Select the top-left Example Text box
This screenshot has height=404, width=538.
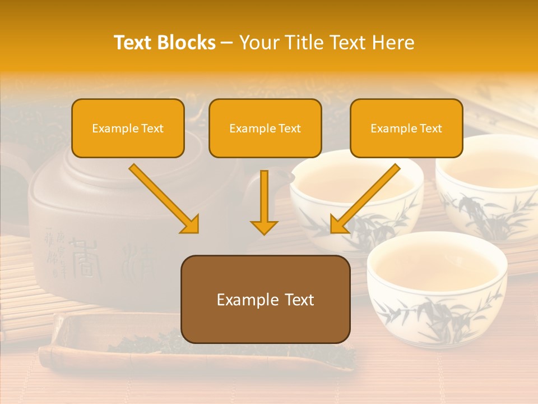coord(128,128)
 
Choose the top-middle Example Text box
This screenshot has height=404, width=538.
coord(265,128)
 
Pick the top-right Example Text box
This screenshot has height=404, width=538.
coord(406,128)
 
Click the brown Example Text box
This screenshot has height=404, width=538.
coord(265,300)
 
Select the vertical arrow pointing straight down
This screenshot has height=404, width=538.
coord(264,202)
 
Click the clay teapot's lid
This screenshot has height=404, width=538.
coord(112,163)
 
